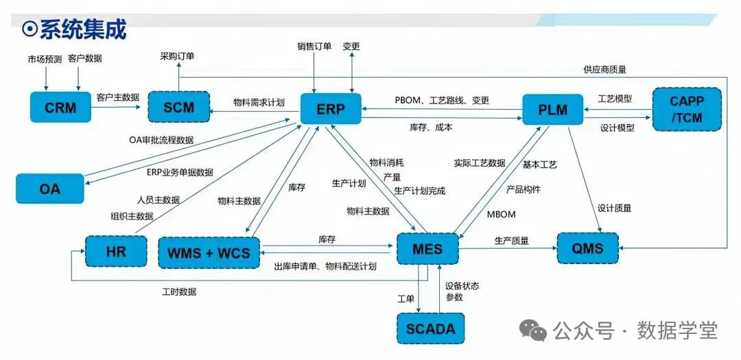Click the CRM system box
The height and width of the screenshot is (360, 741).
point(60,108)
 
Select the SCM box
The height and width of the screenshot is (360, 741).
point(179,108)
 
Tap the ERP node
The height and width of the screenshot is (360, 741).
point(331,108)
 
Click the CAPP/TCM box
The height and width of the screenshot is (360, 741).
point(687,109)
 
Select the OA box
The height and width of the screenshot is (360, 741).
point(50,188)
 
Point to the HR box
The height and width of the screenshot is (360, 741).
point(116,251)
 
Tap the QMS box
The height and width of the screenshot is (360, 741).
point(587,248)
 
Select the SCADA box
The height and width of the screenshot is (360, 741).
point(430,328)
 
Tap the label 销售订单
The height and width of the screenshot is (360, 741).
point(314,47)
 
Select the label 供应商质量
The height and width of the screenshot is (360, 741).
point(604,69)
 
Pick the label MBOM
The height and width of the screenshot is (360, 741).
point(501,214)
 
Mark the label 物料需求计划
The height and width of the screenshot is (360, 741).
point(259,102)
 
